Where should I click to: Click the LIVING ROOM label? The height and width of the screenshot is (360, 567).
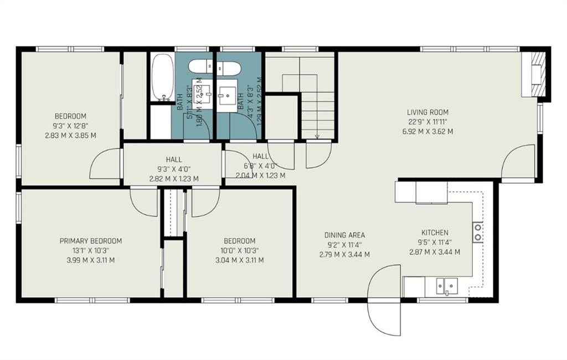tap(427, 112)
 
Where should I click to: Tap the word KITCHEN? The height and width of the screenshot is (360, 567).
tap(435, 233)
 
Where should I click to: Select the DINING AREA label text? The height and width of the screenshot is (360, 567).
tap(344, 235)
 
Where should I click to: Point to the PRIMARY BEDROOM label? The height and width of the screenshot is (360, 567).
tap(90, 241)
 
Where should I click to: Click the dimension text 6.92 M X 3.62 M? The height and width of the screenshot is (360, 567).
tap(427, 132)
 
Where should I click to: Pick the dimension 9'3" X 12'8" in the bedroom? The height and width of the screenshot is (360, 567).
tap(70, 126)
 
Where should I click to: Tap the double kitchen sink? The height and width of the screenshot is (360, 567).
tap(447, 286)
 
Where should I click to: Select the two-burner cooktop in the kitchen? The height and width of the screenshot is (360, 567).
tap(477, 232)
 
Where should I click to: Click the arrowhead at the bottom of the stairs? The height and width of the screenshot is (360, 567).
tap(318, 136)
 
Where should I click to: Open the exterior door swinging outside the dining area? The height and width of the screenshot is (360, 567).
tap(385, 302)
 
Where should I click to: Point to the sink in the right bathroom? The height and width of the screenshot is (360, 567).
tap(228, 98)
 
